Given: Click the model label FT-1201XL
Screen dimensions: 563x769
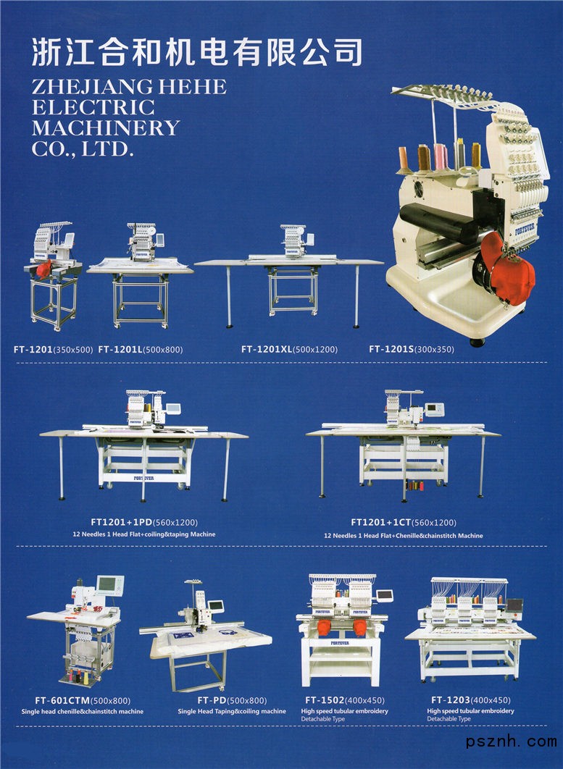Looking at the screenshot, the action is [x=267, y=349].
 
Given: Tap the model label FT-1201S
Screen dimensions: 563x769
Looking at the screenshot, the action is [x=391, y=349].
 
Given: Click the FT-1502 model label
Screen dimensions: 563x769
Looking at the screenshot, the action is [x=325, y=700].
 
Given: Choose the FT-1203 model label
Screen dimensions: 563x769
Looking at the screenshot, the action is [x=451, y=700].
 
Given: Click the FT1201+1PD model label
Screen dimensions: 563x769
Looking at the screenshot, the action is [x=122, y=522].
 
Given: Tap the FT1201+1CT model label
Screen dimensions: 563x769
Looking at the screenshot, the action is [x=381, y=522].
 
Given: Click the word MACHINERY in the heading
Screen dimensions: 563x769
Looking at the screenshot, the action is [x=106, y=128].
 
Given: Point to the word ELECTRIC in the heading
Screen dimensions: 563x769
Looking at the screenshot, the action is [x=93, y=107].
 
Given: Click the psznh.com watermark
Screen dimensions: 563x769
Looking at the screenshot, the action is [x=512, y=741].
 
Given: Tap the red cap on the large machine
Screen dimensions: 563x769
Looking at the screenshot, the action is [x=507, y=269].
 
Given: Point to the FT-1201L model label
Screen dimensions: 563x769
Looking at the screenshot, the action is [x=120, y=349].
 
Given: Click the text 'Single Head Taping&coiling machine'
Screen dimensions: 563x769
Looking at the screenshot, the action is [x=232, y=711].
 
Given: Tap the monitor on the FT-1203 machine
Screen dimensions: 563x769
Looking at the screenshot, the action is [x=514, y=605].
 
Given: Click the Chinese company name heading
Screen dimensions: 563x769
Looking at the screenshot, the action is [x=197, y=52].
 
